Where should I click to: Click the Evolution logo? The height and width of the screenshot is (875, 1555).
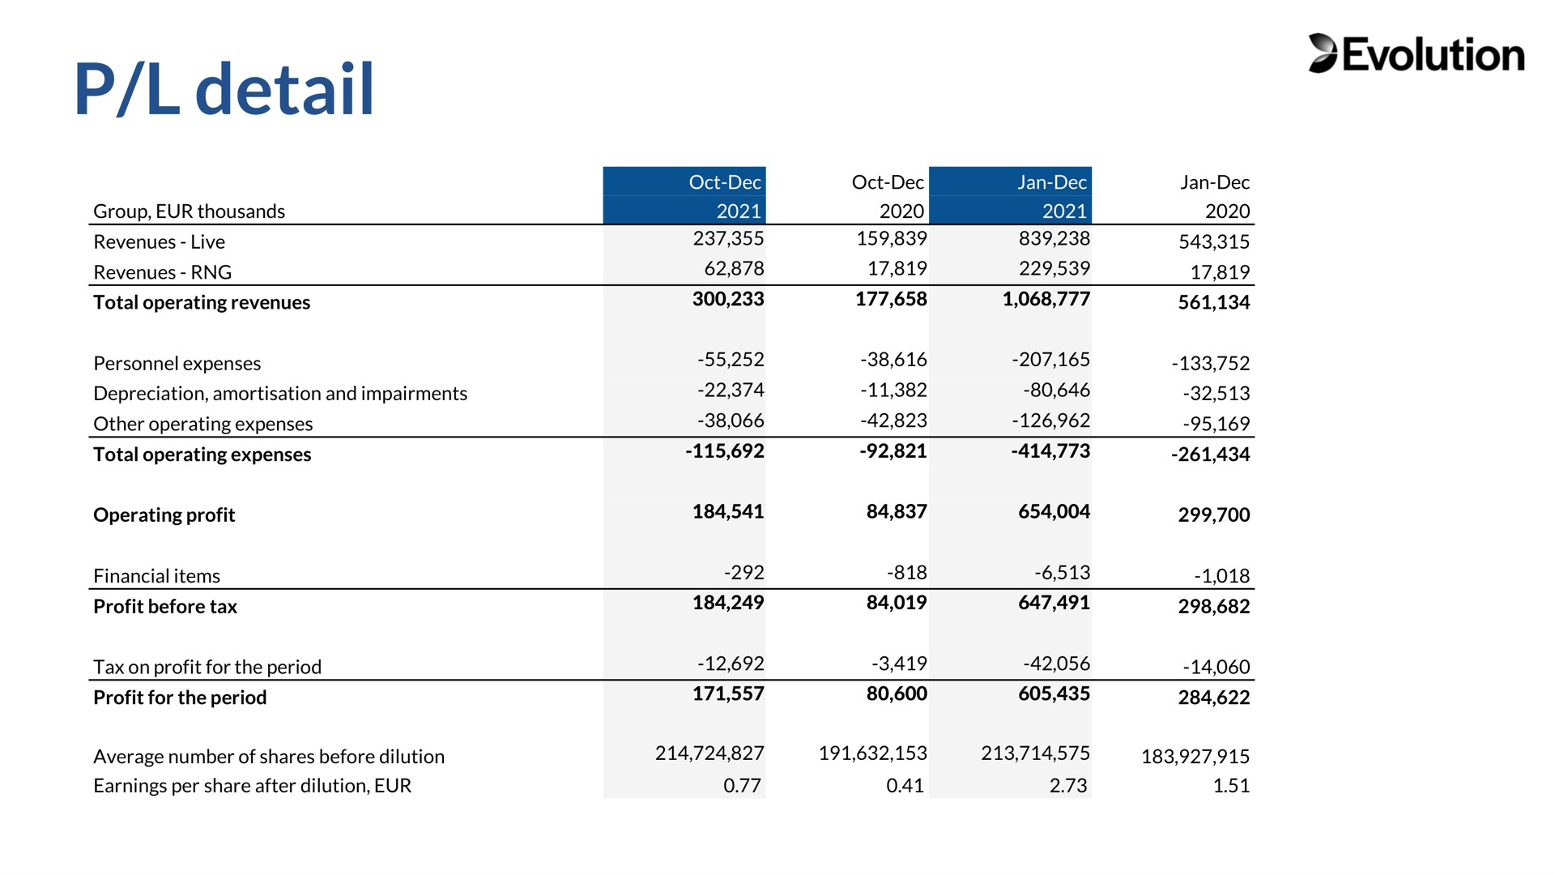1416,53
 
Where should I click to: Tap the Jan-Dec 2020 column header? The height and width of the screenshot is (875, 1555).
1215,196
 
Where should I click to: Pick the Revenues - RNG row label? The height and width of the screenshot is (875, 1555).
162,272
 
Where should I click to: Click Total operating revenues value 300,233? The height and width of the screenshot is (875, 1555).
728,299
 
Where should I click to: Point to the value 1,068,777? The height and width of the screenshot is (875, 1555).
1046,299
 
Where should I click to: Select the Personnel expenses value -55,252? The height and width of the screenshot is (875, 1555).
731,359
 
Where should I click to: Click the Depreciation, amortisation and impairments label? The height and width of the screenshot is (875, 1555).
280,394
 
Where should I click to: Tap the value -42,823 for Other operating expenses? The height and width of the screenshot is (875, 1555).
893,420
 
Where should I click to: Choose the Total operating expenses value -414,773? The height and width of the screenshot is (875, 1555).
1050,451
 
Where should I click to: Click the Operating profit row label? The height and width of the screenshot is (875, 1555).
164,515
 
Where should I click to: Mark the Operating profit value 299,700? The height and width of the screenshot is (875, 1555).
1214,514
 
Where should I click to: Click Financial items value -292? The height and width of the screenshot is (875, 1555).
744,573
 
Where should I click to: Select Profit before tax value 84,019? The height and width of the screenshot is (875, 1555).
897,603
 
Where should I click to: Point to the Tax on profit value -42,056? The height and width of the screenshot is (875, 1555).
1056,664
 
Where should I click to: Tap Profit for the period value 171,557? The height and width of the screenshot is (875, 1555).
728,694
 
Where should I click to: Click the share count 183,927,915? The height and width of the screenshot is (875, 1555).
1195,757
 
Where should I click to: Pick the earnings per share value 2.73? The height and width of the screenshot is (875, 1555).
1068,786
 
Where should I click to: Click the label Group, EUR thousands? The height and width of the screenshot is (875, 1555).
190,211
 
